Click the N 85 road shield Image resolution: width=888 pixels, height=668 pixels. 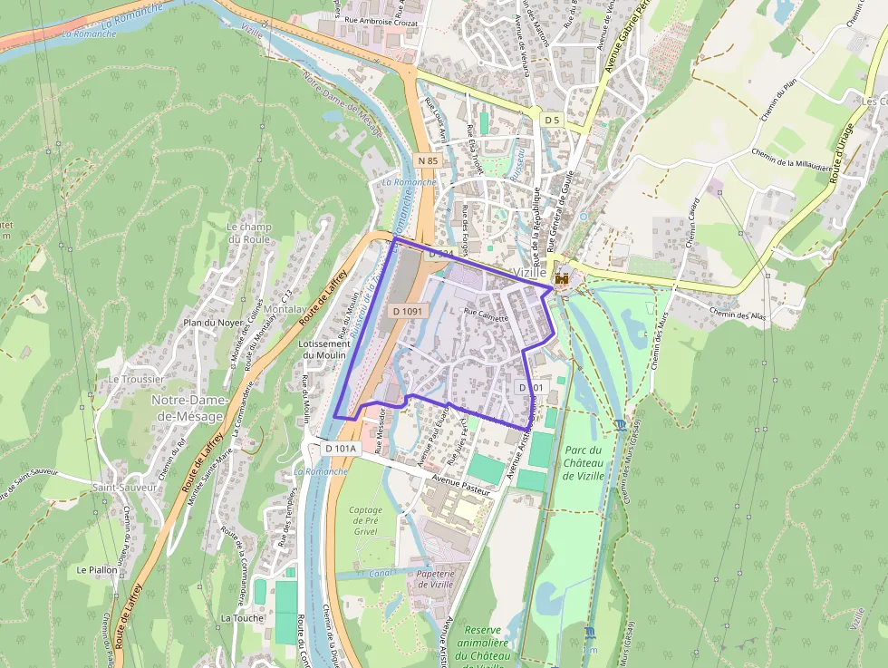pyautogui.click(x=428, y=160)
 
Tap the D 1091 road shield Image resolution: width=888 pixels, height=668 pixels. pyautogui.click(x=407, y=311)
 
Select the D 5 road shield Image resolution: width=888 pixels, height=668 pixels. pyautogui.click(x=552, y=120)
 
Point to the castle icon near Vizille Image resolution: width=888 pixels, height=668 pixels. pyautogui.click(x=562, y=278)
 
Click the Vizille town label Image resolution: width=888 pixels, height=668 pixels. pyautogui.click(x=530, y=272)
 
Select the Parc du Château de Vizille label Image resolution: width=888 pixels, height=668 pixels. pyautogui.click(x=583, y=462)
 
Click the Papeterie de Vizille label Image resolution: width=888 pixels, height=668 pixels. pyautogui.click(x=435, y=579)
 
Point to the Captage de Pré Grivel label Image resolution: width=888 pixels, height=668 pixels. pyautogui.click(x=366, y=521)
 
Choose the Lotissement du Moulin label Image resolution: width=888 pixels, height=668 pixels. pyautogui.click(x=323, y=349)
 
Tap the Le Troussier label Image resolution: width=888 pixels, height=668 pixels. pyautogui.click(x=136, y=379)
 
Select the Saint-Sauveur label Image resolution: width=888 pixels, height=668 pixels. pyautogui.click(x=124, y=488)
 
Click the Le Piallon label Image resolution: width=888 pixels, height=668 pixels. pyautogui.click(x=97, y=570)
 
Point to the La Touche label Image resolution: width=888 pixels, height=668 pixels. pyautogui.click(x=242, y=617)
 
